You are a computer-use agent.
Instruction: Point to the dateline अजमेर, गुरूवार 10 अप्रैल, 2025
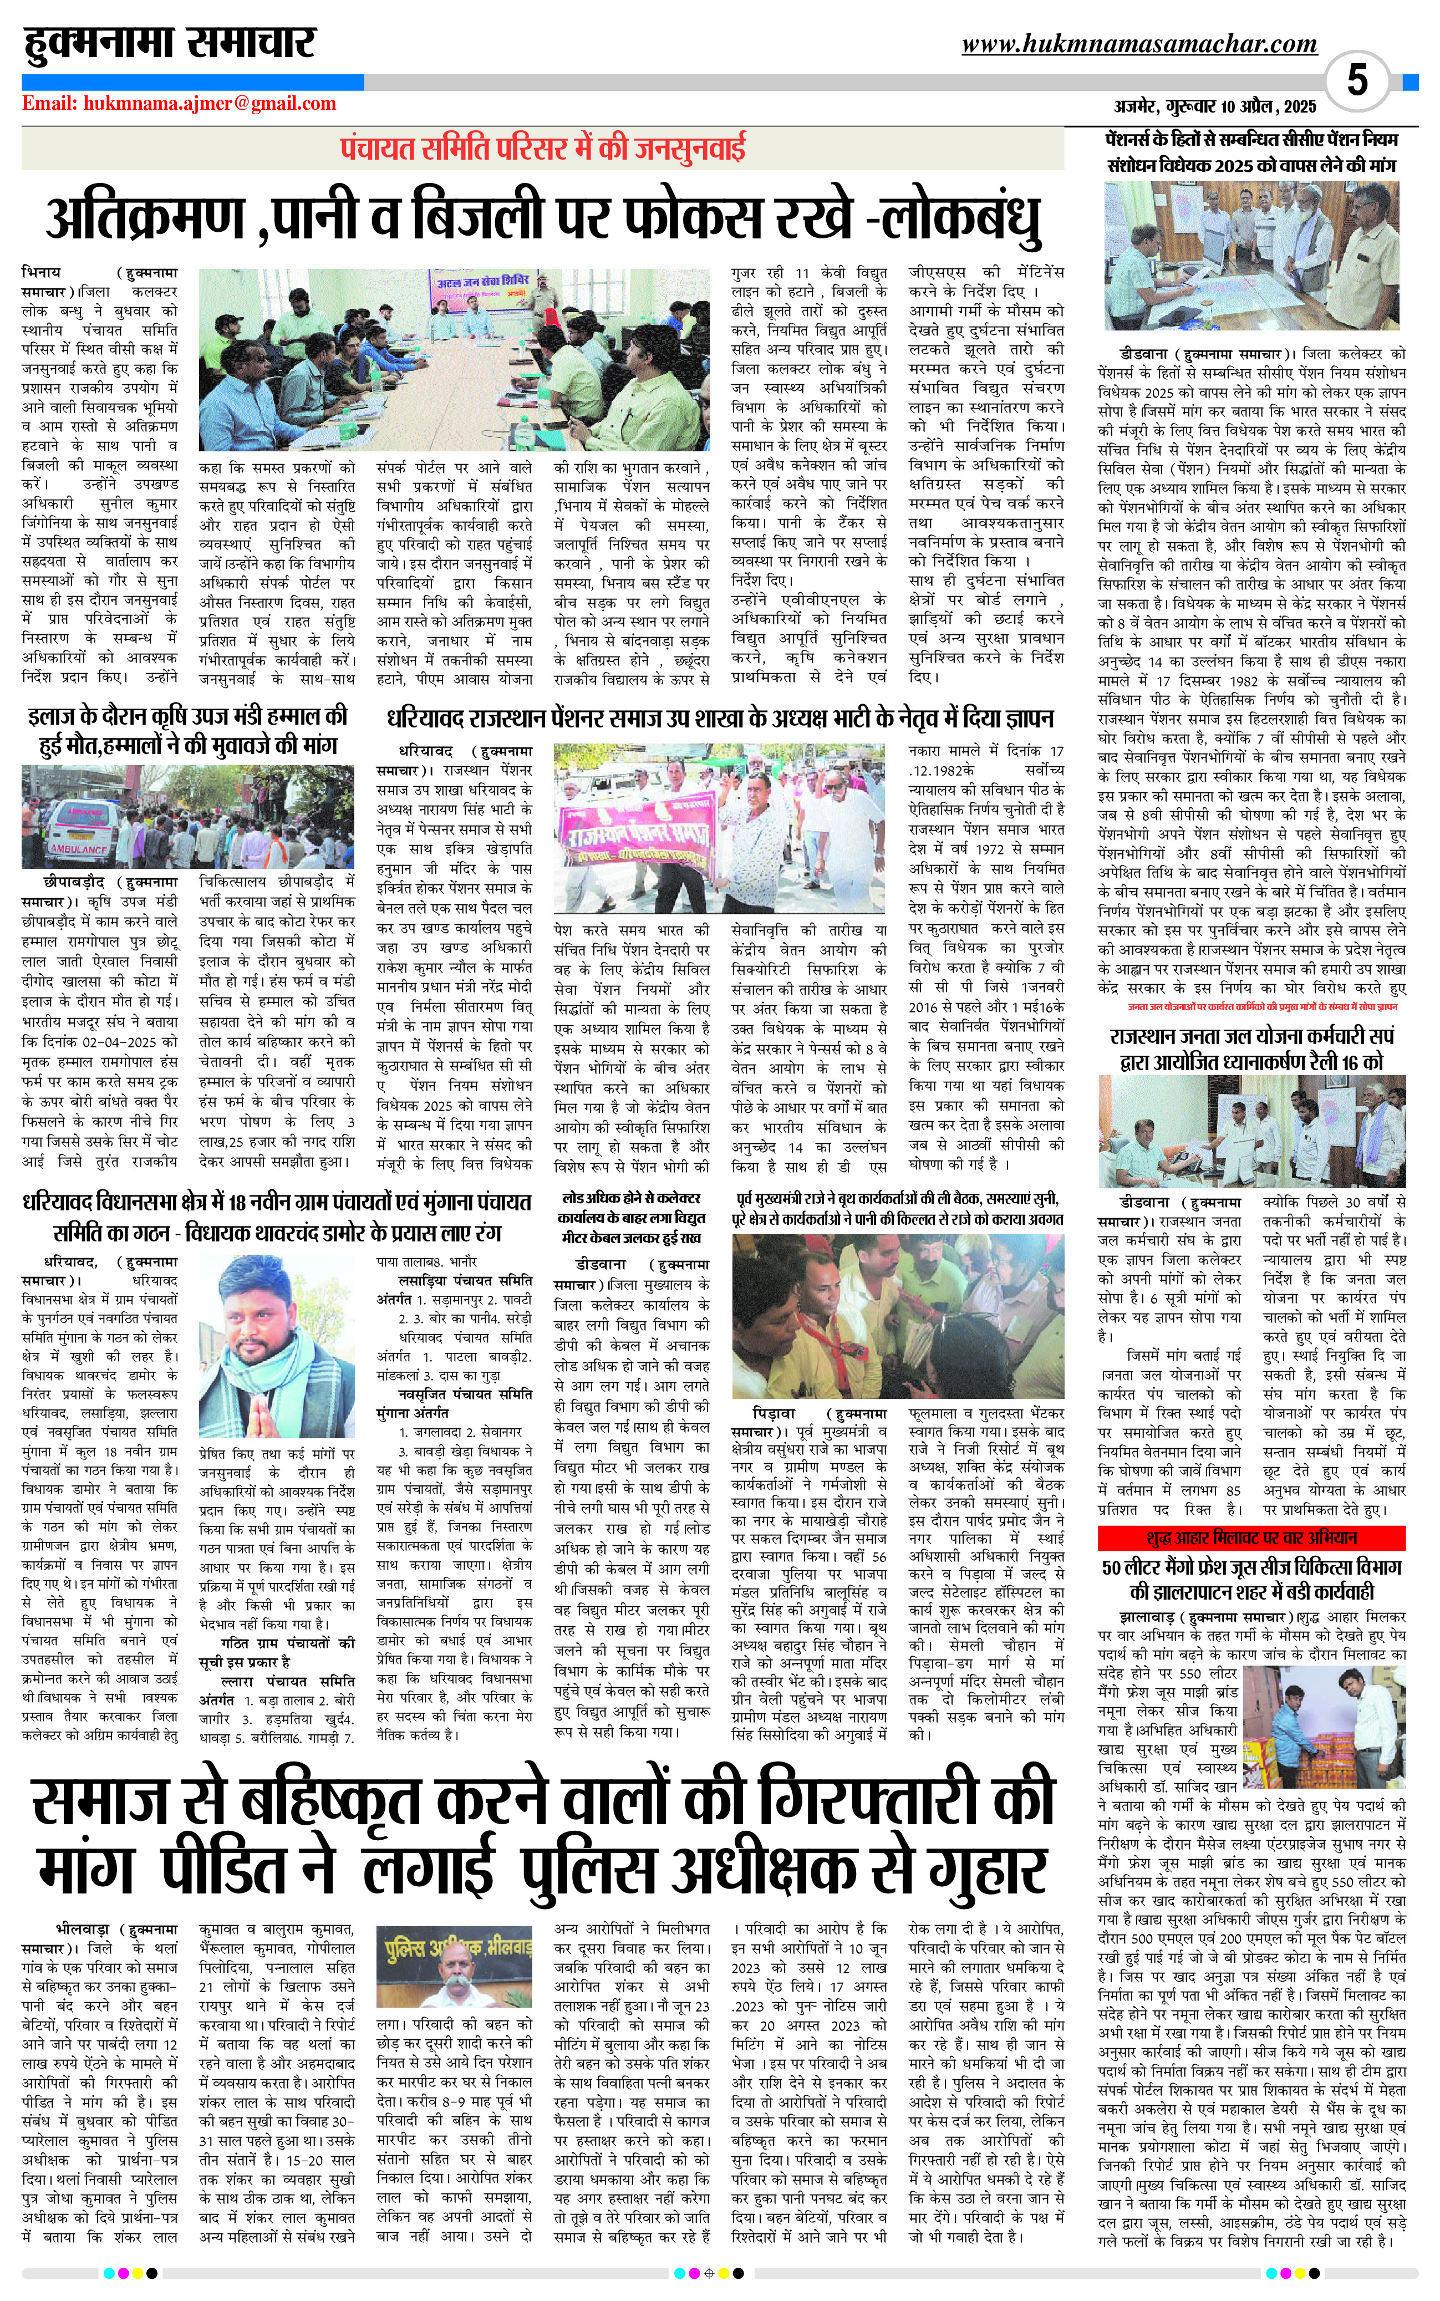pyautogui.click(x=1215, y=106)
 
